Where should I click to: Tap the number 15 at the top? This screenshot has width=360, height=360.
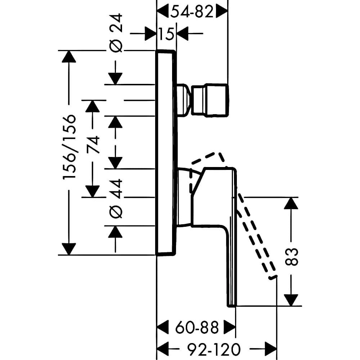[x=166, y=34]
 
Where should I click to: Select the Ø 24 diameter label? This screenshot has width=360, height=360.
[x=116, y=33]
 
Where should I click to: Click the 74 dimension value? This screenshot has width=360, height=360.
[x=93, y=144]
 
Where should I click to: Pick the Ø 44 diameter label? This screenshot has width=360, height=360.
[x=116, y=199]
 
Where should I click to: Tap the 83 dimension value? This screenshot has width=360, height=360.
[x=291, y=257]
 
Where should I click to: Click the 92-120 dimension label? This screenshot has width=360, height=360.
[x=214, y=350]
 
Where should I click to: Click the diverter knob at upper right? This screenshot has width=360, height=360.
[x=210, y=100]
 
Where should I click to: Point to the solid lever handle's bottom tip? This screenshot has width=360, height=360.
[x=231, y=306]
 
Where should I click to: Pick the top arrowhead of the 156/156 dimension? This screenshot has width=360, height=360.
[x=69, y=57]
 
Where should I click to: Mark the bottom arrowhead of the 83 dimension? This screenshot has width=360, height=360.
[x=291, y=300]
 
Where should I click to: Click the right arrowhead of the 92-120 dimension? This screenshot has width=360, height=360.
[x=271, y=350]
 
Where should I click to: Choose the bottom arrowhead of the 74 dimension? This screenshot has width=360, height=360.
[x=93, y=191]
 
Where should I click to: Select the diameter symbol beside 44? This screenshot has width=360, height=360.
[x=116, y=211]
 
